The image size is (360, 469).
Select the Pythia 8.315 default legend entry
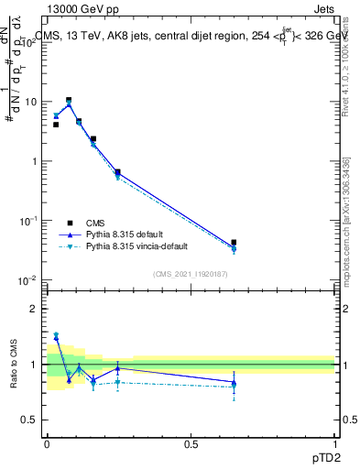point(127,234)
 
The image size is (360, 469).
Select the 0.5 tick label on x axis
point(191,443)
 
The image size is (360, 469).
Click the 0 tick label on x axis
point(47,443)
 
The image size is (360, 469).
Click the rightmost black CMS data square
point(234,243)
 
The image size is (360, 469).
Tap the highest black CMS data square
point(69,100)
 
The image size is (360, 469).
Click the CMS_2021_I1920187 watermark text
point(191,274)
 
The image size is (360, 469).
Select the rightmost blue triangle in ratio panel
point(234,382)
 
